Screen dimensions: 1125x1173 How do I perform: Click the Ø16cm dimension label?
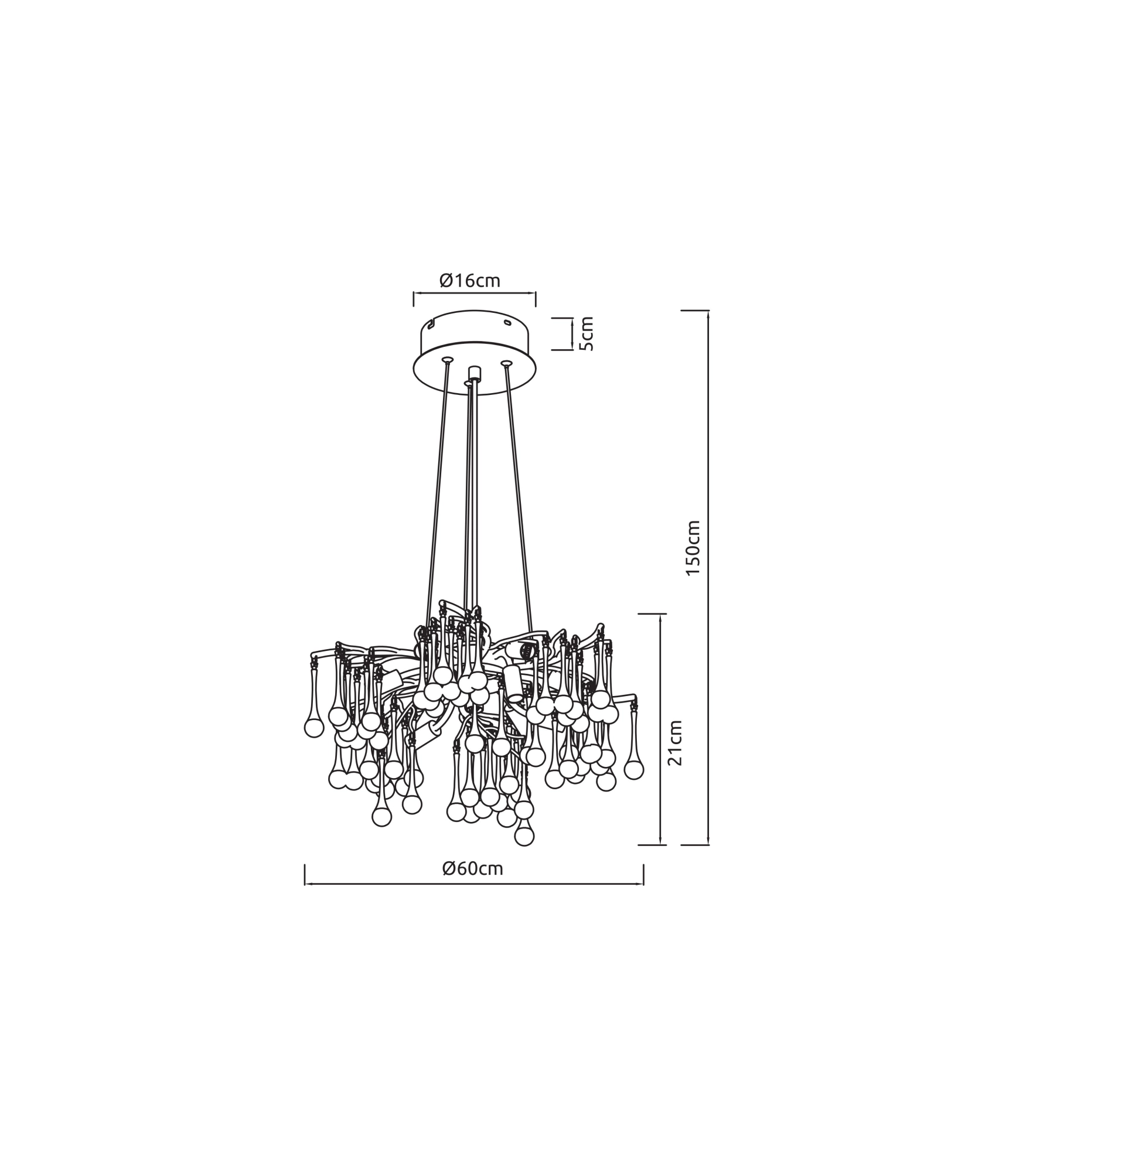[x=469, y=280]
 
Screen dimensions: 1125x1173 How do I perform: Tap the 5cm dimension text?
[x=587, y=334]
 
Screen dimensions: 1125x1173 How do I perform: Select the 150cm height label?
[x=693, y=548]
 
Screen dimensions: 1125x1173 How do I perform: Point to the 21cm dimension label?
[x=674, y=743]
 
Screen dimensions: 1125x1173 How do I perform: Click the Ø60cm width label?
[x=473, y=868]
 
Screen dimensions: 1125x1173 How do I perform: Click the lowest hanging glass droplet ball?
[x=524, y=836]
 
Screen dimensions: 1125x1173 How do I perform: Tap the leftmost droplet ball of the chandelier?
[x=314, y=728]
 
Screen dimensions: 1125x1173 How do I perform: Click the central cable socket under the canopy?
[x=475, y=373]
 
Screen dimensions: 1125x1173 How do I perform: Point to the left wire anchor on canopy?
[x=446, y=360]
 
